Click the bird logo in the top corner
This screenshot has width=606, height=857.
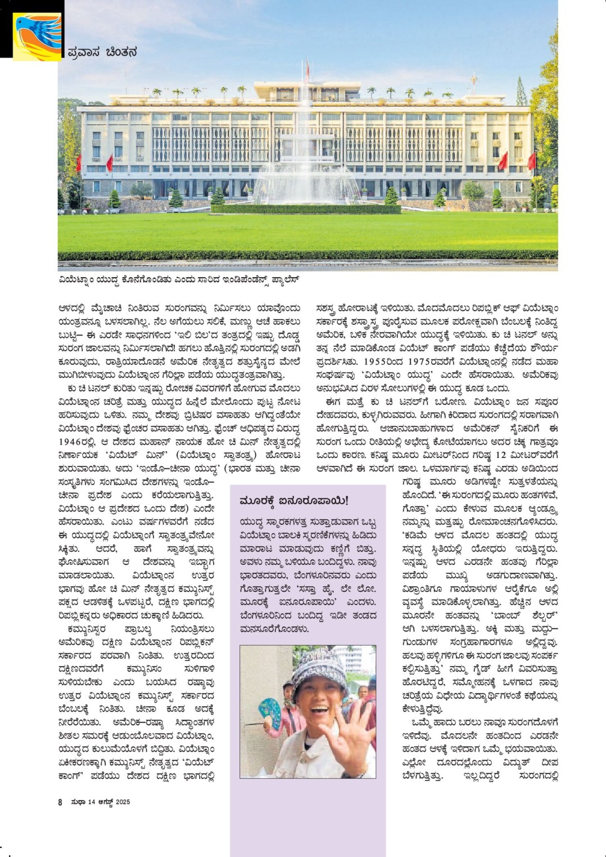click(37, 36)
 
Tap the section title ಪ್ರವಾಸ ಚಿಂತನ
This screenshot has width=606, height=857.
click(102, 52)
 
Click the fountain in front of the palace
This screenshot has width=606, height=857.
click(307, 169)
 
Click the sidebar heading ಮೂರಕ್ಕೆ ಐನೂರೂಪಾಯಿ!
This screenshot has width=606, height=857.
click(293, 500)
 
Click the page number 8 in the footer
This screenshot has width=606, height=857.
click(60, 802)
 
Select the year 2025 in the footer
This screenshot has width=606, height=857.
click(123, 802)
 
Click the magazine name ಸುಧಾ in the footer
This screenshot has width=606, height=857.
click(78, 802)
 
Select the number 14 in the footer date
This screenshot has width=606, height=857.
click(92, 802)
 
